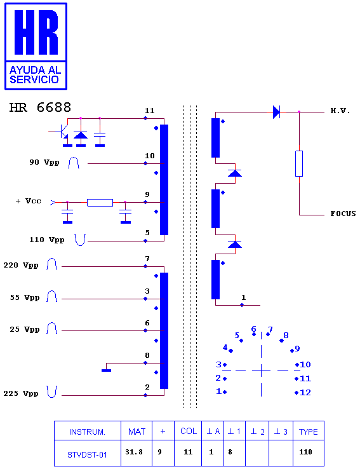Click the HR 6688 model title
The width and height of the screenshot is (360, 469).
point(40,107)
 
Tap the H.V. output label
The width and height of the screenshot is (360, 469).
point(340,111)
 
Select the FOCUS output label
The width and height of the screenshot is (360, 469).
point(343,214)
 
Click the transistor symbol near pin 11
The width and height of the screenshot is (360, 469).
point(62,132)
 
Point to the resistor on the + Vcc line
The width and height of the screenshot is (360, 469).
point(100,203)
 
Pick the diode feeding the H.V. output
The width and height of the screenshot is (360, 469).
point(276,112)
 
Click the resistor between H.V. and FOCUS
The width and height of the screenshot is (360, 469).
point(299,163)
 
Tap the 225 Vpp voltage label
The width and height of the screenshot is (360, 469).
point(21,393)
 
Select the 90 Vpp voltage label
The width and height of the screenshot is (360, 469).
point(44,163)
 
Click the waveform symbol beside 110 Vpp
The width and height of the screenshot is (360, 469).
point(80,240)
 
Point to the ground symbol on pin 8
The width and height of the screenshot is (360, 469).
point(107,370)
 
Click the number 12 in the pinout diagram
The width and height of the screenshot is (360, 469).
point(305,393)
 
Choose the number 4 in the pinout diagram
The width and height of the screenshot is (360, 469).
point(225,347)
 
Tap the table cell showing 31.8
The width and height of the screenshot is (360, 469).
point(134,452)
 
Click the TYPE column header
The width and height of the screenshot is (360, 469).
point(309,432)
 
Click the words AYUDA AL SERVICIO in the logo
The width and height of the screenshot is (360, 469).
point(35,75)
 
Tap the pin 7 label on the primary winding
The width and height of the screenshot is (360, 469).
point(147,259)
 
